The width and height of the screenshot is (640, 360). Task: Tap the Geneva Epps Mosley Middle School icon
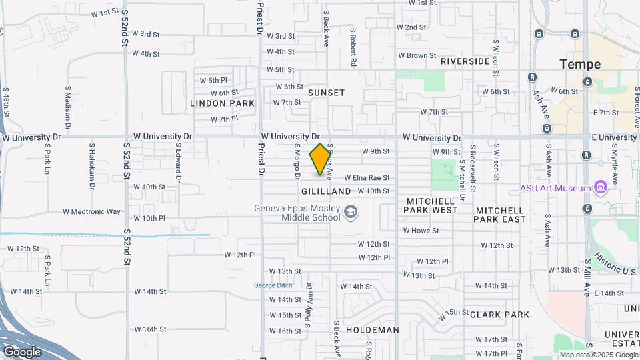(x=349, y=213)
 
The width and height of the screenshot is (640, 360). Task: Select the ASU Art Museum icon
(x=601, y=188)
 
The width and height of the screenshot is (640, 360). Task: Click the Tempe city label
(x=580, y=65)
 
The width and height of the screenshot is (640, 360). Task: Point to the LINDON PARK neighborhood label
(x=222, y=103)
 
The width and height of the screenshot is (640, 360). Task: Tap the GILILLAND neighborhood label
(x=326, y=191)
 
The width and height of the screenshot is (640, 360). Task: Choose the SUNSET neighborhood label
(x=326, y=93)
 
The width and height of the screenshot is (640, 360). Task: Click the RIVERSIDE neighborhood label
(x=465, y=61)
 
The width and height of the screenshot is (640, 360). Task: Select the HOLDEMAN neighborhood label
(x=373, y=330)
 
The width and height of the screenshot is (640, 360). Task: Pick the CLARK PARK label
(x=499, y=314)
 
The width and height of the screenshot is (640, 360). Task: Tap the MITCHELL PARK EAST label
(x=501, y=215)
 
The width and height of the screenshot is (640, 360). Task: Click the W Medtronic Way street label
(x=92, y=212)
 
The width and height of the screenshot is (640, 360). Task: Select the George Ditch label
(x=273, y=285)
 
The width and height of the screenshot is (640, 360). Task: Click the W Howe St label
(x=421, y=231)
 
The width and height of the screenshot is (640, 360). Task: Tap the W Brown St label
(x=417, y=55)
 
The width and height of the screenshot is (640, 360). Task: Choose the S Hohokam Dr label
(x=92, y=161)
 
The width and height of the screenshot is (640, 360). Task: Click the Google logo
(x=22, y=351)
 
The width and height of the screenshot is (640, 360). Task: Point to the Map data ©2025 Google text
(x=599, y=355)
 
